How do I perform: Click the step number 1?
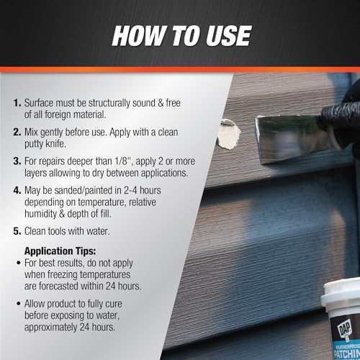[x=17, y=103]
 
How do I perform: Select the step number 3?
[x=17, y=161]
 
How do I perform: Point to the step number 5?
[x=17, y=231]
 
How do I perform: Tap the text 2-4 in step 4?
[x=130, y=190]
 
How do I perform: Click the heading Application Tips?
[x=60, y=251]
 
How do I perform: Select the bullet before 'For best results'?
[x=19, y=263]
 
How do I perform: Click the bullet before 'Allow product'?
[x=19, y=304]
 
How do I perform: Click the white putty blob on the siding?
[x=228, y=134]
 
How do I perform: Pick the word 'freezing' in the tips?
[x=62, y=275]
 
